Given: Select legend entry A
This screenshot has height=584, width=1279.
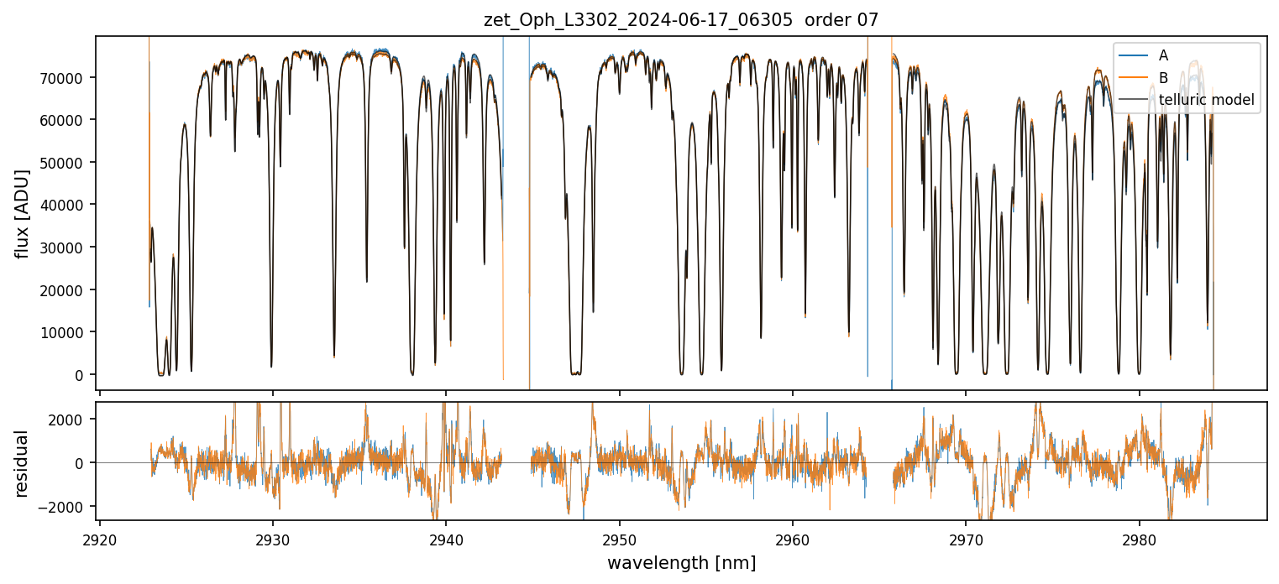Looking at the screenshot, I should pyautogui.click(x=1163, y=55).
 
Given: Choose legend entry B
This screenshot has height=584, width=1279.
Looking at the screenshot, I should pyautogui.click(x=1163, y=78).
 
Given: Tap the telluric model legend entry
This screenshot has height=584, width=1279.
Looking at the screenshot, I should pyautogui.click(x=1206, y=101).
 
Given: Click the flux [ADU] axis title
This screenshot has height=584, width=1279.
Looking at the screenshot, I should pyautogui.click(x=22, y=213).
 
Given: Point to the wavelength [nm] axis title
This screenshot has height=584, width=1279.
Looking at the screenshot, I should pyautogui.click(x=681, y=563).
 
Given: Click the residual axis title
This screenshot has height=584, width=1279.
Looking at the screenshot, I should pyautogui.click(x=22, y=462).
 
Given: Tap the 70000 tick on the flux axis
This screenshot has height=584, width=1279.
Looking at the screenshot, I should pyautogui.click(x=70, y=77).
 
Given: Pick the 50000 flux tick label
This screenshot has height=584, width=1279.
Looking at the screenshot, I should pyautogui.click(x=70, y=162).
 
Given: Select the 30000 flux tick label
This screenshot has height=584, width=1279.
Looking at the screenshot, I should pyautogui.click(x=70, y=248).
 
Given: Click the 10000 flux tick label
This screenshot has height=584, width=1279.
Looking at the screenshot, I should pyautogui.click(x=70, y=332).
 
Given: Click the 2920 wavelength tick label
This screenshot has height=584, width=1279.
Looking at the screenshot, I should pyautogui.click(x=100, y=537).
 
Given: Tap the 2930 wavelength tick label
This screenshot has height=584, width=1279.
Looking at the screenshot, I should pyautogui.click(x=273, y=537).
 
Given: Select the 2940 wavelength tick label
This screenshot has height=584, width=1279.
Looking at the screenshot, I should pyautogui.click(x=446, y=537).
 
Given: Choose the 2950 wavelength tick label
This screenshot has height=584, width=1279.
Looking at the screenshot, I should pyautogui.click(x=620, y=537).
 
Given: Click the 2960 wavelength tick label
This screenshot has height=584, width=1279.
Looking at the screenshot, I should pyautogui.click(x=793, y=537).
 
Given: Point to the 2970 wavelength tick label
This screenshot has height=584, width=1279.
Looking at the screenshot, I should pyautogui.click(x=966, y=537).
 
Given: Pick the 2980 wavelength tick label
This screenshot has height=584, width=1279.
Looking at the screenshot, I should pyautogui.click(x=1140, y=537).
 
